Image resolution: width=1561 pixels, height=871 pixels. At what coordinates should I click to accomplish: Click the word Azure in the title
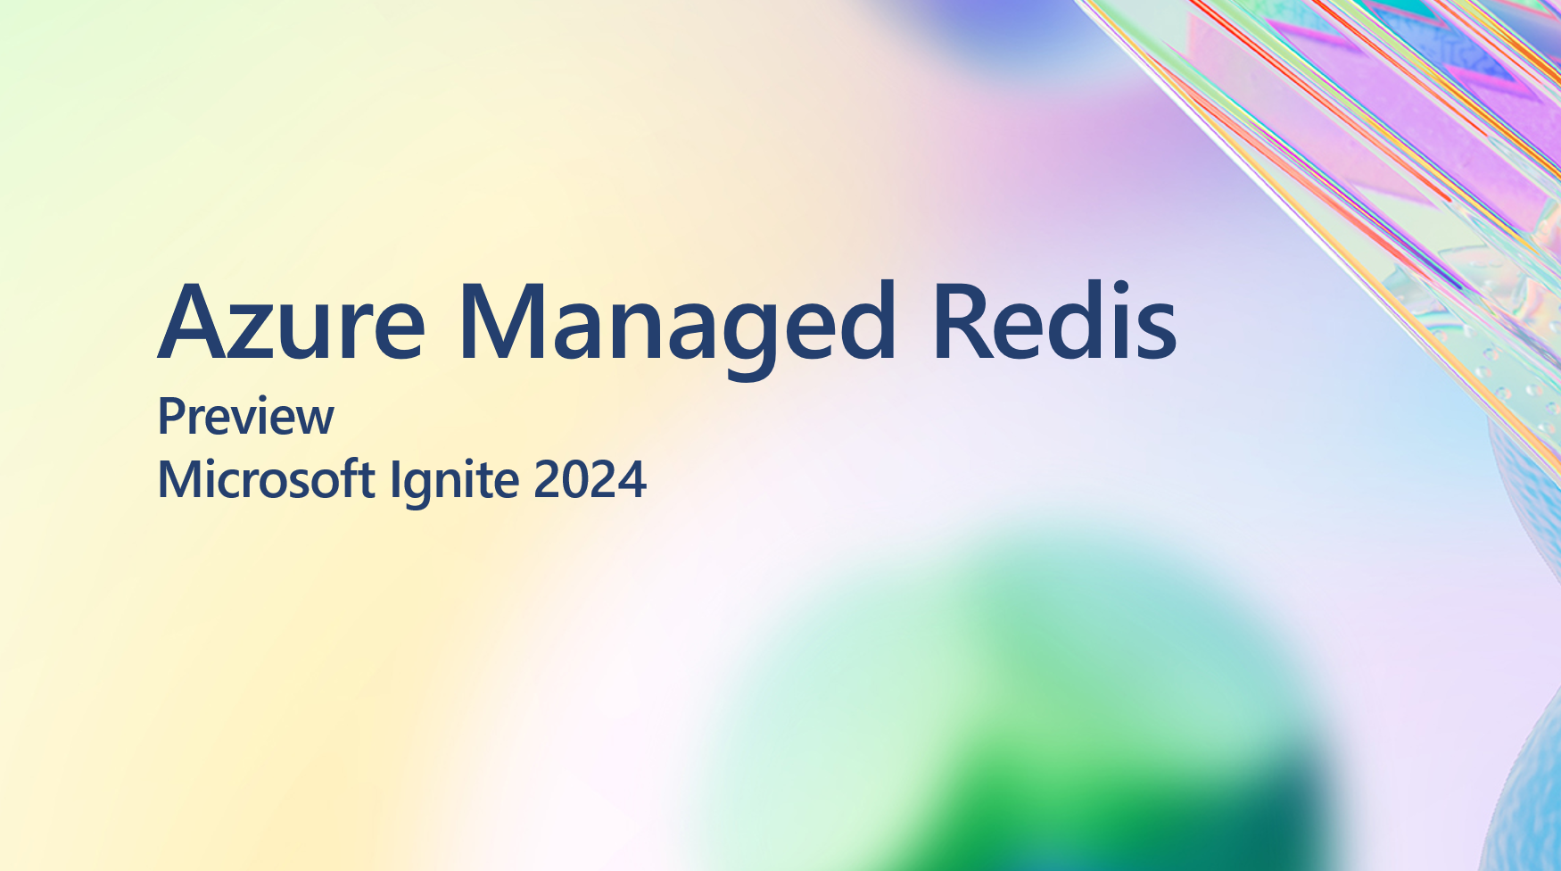pyautogui.click(x=292, y=321)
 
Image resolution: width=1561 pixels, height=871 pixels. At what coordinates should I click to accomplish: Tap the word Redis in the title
pyautogui.click(x=1054, y=320)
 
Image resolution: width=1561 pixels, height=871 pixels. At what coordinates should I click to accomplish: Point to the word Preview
pyautogui.click(x=245, y=417)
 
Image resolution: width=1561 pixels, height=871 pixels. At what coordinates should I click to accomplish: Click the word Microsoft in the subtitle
pyautogui.click(x=266, y=479)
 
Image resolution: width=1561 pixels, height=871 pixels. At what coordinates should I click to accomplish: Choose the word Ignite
pyautogui.click(x=455, y=482)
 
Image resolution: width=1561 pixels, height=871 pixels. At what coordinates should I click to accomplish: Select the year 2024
pyautogui.click(x=590, y=480)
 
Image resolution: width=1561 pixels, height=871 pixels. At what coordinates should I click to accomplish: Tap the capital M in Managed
pyautogui.click(x=504, y=321)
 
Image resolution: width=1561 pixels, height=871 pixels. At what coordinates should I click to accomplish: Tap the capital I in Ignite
pyautogui.click(x=394, y=479)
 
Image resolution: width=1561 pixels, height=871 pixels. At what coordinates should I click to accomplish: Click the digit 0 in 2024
pyautogui.click(x=575, y=480)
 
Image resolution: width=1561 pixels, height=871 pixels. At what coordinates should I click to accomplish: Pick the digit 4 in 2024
pyautogui.click(x=632, y=480)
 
